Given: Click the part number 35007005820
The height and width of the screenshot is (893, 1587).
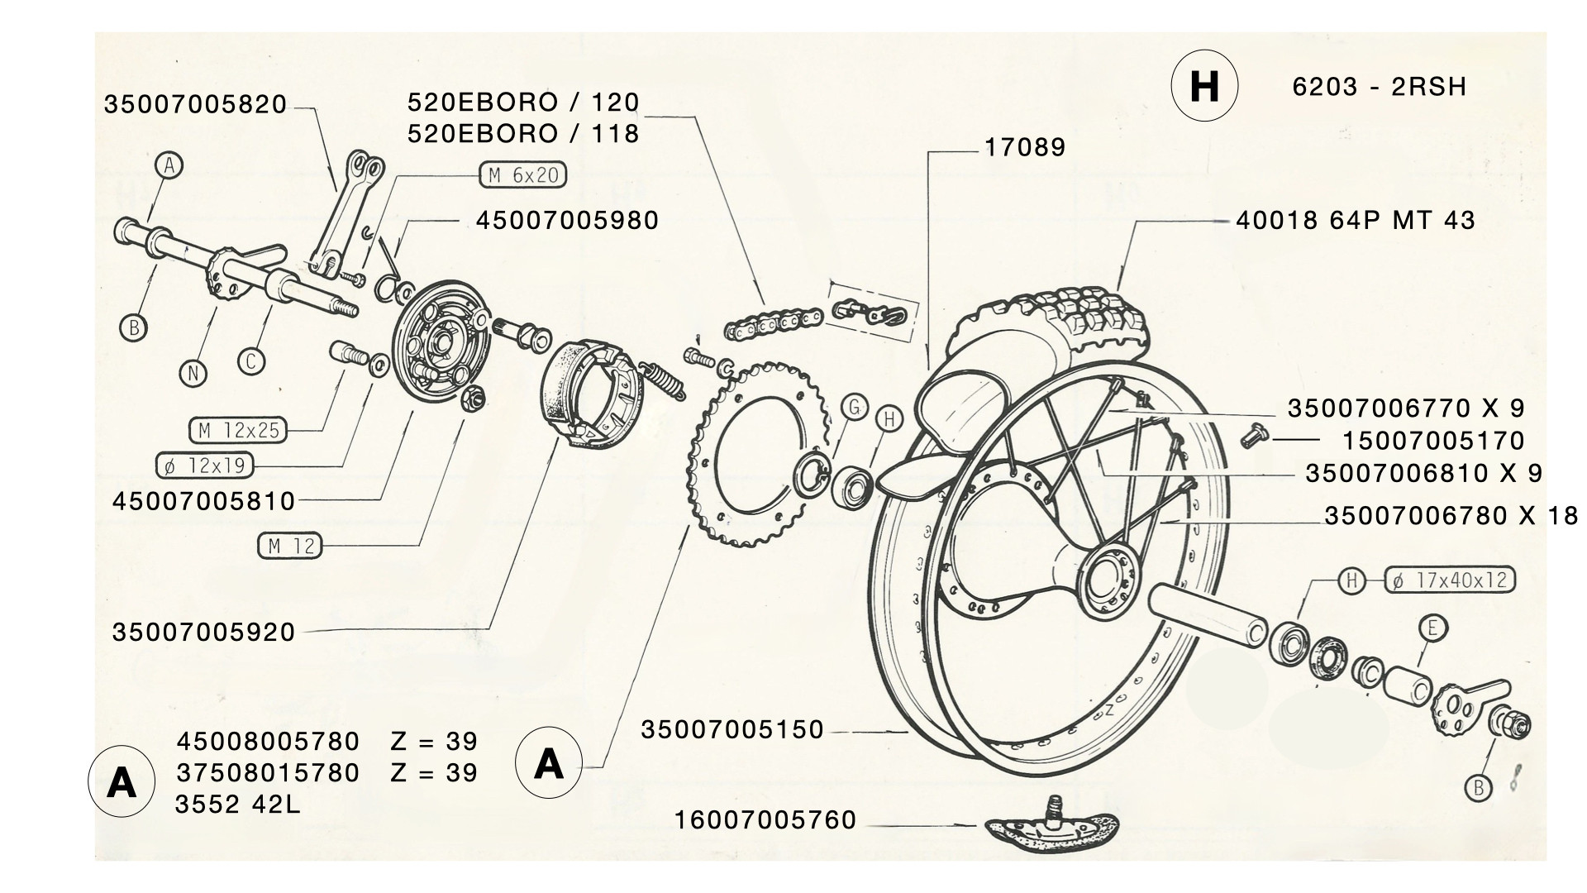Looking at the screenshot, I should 195,105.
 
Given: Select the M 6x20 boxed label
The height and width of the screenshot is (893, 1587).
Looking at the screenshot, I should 523,175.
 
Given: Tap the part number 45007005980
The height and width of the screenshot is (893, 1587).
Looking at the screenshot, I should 567,221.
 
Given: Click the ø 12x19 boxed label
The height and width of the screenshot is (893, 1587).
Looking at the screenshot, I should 205,466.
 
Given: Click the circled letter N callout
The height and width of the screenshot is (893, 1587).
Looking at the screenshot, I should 193,374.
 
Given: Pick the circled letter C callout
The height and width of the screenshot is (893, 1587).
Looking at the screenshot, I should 251,361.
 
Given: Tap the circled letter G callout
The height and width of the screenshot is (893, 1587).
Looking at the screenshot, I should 855,407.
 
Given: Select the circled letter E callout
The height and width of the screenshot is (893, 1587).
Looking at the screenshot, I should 1432,628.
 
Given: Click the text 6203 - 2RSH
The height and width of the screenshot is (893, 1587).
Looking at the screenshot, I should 1379,87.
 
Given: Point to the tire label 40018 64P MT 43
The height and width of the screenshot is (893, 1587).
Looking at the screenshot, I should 1356,221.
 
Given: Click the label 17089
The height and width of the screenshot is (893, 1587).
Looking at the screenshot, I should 1025,149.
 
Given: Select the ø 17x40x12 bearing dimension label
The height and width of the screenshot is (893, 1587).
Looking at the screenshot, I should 1450,581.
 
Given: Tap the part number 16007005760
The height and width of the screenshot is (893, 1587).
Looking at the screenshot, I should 765,820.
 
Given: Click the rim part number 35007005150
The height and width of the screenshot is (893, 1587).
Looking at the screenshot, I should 732,730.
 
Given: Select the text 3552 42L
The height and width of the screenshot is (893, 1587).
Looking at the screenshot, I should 238,804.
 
